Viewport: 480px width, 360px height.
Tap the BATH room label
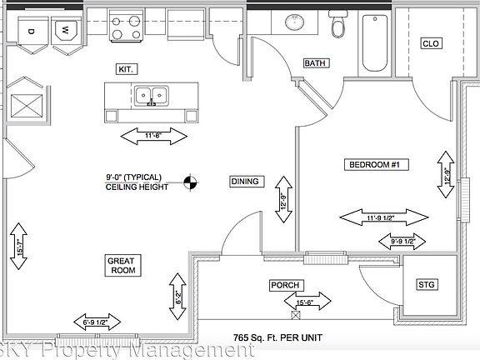point(315,63)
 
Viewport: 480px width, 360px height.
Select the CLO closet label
point(430,43)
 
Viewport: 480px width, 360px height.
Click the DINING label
point(245,181)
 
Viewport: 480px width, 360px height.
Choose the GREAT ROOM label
point(123,266)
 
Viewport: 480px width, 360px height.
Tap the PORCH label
point(284,285)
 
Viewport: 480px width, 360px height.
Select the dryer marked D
point(31,32)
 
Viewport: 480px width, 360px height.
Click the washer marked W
point(64,32)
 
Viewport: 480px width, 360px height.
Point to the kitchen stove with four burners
point(127,23)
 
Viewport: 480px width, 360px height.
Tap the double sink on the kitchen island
point(152,96)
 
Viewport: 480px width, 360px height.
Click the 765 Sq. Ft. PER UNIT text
point(276,339)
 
